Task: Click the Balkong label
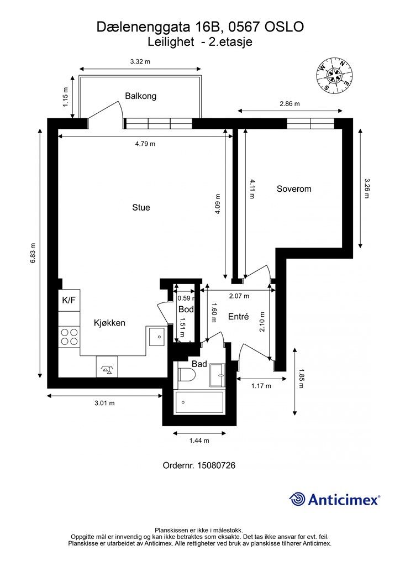pos(141,96)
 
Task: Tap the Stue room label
pos(141,208)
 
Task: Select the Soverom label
pos(294,189)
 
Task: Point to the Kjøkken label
pos(109,323)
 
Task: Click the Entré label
pos(239,317)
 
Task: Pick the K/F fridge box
pos(69,300)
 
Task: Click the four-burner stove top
pos(69,337)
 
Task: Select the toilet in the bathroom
pos(187,375)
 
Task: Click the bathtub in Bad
pos(199,402)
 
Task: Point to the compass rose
pos(334,75)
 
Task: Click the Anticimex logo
pos(334,499)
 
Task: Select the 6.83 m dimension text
pos(33,252)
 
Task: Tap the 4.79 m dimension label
pos(145,144)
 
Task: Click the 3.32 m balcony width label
pos(140,62)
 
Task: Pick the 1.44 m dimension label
pos(199,441)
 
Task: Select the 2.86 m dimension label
pos(290,104)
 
